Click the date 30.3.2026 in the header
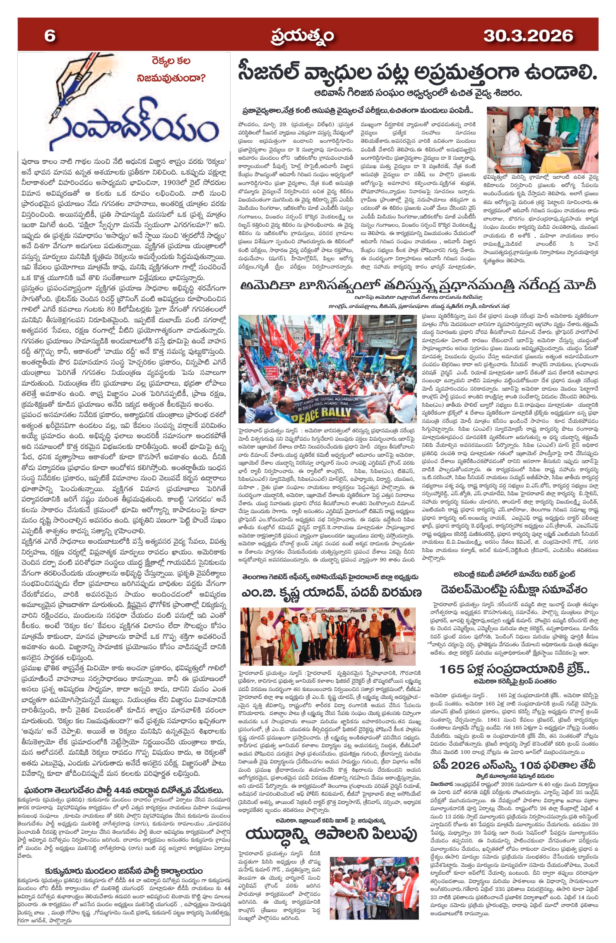pos(528,36)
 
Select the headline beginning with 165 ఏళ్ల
pos(514,669)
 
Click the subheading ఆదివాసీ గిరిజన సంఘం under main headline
pos(417,93)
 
